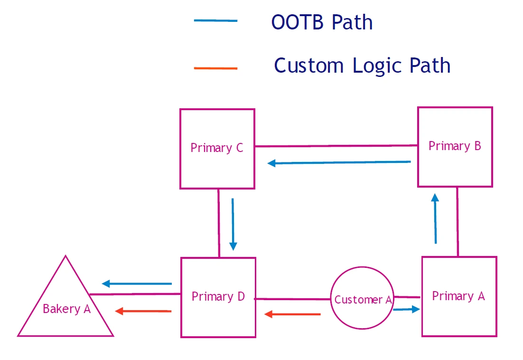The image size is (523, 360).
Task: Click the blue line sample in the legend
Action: pyautogui.click(x=215, y=21)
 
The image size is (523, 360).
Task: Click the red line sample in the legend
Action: pyautogui.click(x=215, y=69)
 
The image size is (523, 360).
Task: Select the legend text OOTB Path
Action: pyautogui.click(x=322, y=22)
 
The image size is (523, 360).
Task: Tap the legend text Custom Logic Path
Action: pyautogui.click(x=362, y=66)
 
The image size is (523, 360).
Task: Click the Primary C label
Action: pyautogui.click(x=217, y=148)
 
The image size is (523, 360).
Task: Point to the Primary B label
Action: pyautogui.click(x=455, y=146)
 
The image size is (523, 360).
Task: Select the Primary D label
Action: pyautogui.click(x=218, y=297)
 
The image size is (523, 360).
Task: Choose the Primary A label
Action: pyautogui.click(x=458, y=296)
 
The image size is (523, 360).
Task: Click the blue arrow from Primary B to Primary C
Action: pyautogui.click(x=339, y=162)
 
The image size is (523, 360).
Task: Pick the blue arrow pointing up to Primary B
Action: pyautogui.click(x=435, y=218)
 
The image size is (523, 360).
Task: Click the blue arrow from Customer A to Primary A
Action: pyautogui.click(x=407, y=309)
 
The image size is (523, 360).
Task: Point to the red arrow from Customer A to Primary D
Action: pyautogui.click(x=292, y=314)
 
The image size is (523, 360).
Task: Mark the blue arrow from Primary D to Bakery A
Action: pyautogui.click(x=137, y=284)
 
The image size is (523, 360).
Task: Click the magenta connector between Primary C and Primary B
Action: pyautogui.click(x=336, y=145)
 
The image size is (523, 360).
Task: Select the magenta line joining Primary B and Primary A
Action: pyautogui.click(x=458, y=221)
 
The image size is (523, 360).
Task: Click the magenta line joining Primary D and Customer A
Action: pyautogui.click(x=293, y=299)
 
